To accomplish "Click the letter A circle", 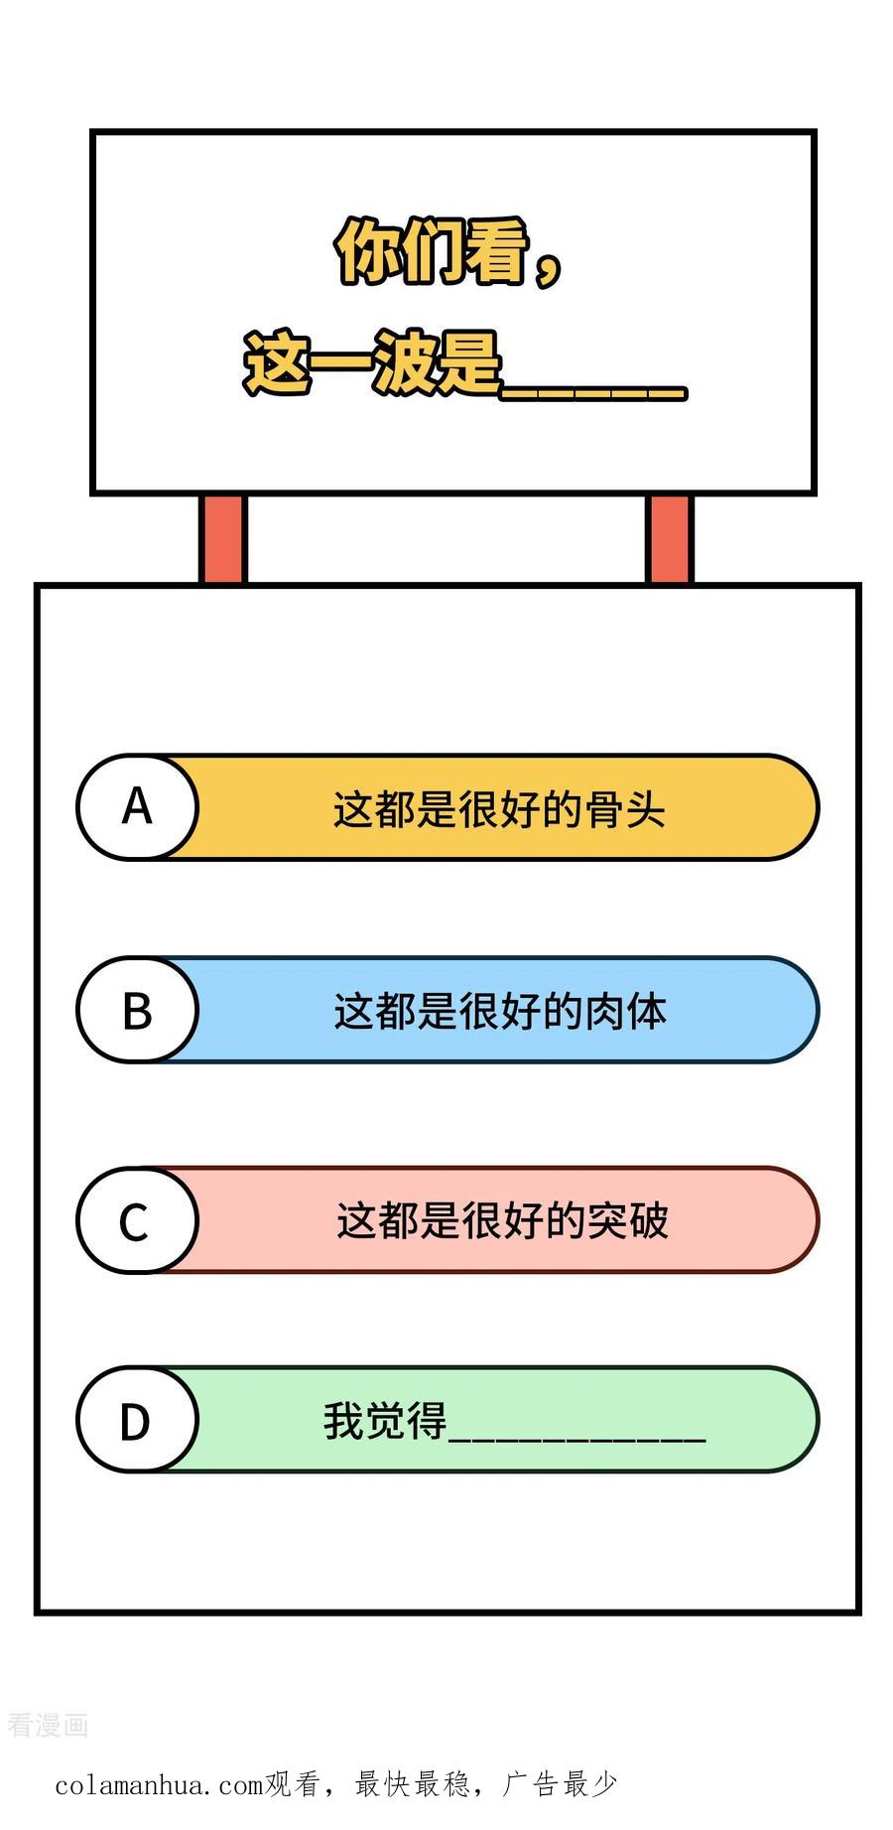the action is pyautogui.click(x=137, y=806).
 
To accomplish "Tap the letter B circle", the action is pyautogui.click(x=137, y=1010).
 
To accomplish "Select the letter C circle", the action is pyautogui.click(x=137, y=1220).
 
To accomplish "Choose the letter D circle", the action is pyautogui.click(x=137, y=1420).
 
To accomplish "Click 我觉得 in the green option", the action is pyautogui.click(x=385, y=1421).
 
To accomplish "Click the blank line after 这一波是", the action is pyautogui.click(x=593, y=395).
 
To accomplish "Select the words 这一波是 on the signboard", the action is pyautogui.click(x=373, y=363).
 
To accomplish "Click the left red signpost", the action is pyautogui.click(x=222, y=539).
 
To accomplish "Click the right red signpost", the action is pyautogui.click(x=670, y=539).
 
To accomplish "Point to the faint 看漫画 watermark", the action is pyautogui.click(x=49, y=1725).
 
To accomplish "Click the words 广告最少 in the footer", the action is pyautogui.click(x=561, y=1783).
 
